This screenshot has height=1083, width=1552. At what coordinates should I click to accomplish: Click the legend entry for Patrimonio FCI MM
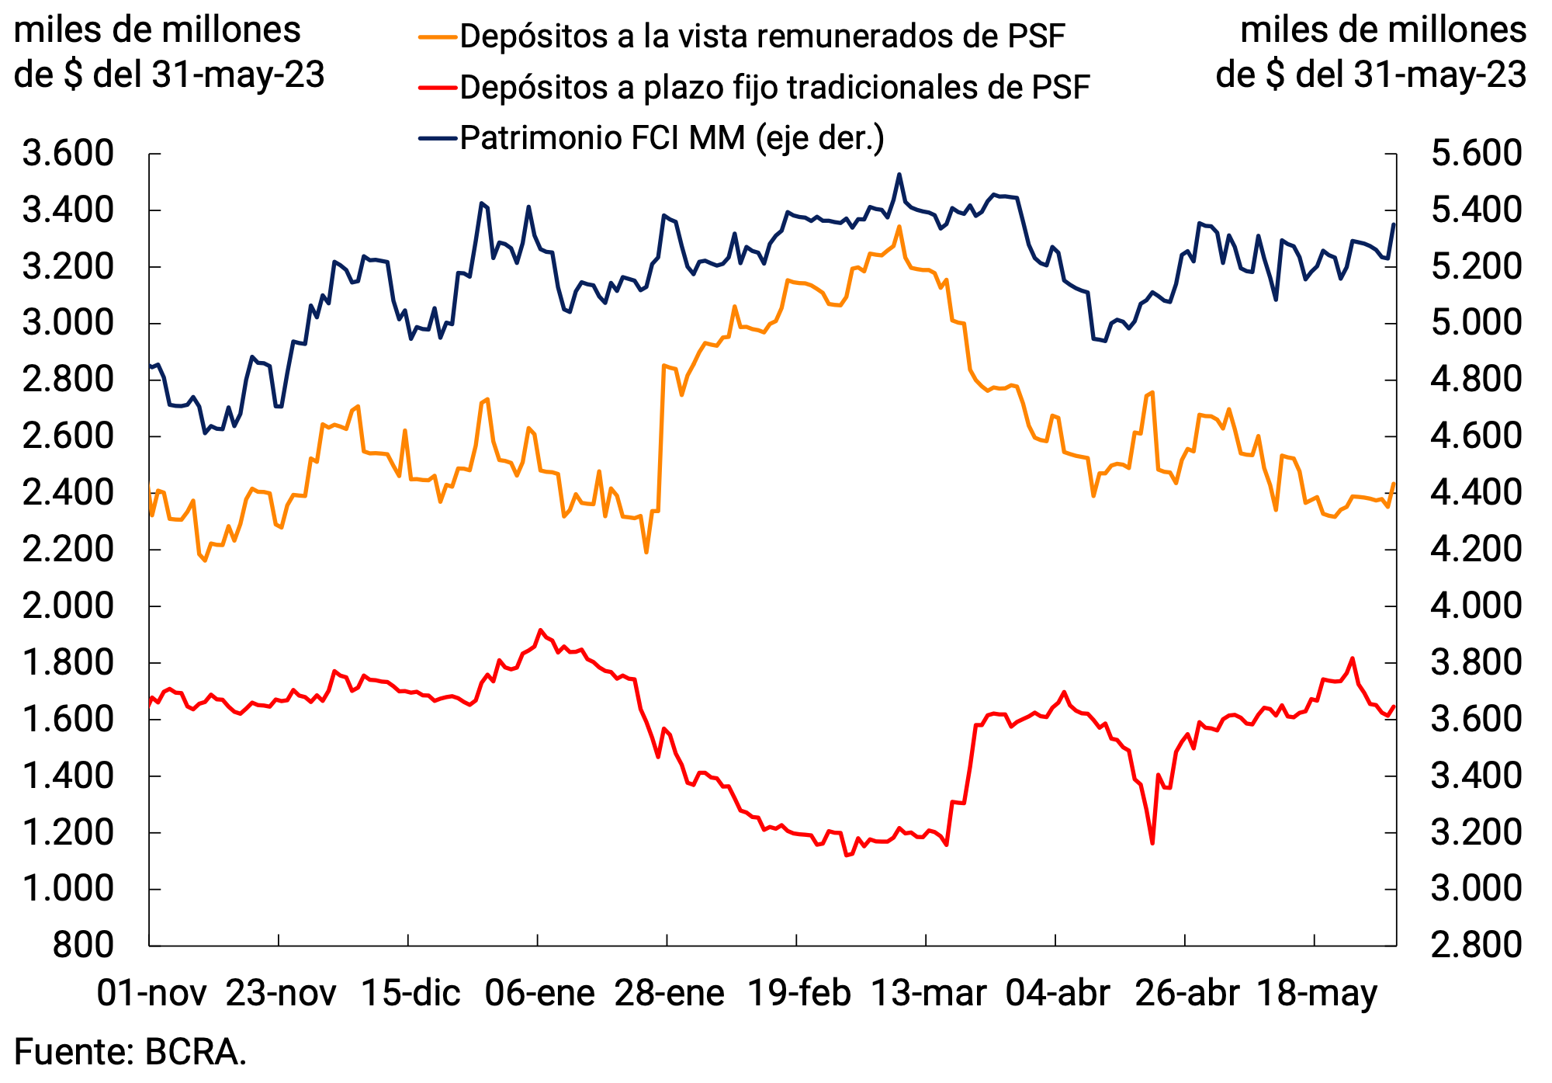pyautogui.click(x=671, y=138)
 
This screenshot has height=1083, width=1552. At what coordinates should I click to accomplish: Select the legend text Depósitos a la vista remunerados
pyautogui.click(x=762, y=36)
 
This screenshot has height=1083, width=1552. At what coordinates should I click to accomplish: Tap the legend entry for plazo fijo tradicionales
pyautogui.click(x=774, y=88)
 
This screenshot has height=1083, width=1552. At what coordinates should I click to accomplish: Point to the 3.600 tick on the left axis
pyautogui.click(x=68, y=154)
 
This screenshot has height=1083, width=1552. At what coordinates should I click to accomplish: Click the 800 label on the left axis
pyautogui.click(x=83, y=946)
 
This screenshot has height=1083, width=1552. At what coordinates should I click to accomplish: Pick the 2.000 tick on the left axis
pyautogui.click(x=68, y=606)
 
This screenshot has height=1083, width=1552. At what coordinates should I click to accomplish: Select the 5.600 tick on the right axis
pyautogui.click(x=1476, y=154)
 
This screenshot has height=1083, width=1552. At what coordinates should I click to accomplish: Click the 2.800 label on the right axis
pyautogui.click(x=1476, y=946)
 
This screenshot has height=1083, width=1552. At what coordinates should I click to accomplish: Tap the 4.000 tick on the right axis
pyautogui.click(x=1476, y=606)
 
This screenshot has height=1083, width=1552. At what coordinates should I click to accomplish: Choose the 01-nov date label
pyautogui.click(x=151, y=993)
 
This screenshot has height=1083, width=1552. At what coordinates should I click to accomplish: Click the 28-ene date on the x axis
pyautogui.click(x=669, y=993)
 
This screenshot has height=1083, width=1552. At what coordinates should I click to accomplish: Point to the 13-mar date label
pyautogui.click(x=928, y=993)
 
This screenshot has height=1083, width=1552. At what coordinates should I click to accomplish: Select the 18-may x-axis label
pyautogui.click(x=1316, y=993)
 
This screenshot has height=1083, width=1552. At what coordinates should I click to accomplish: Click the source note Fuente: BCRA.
pyautogui.click(x=130, y=1053)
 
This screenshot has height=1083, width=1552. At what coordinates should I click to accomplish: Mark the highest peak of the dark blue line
pyautogui.click(x=899, y=175)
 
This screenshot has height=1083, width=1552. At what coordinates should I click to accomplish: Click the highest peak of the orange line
pyautogui.click(x=899, y=227)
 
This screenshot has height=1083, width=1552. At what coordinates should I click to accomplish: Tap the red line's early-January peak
pyautogui.click(x=541, y=630)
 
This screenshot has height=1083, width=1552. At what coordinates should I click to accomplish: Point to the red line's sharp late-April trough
pyautogui.click(x=1152, y=843)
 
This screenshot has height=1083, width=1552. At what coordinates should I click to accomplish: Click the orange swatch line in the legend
pyautogui.click(x=436, y=36)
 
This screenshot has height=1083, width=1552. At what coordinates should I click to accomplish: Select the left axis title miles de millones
pyautogui.click(x=158, y=31)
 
